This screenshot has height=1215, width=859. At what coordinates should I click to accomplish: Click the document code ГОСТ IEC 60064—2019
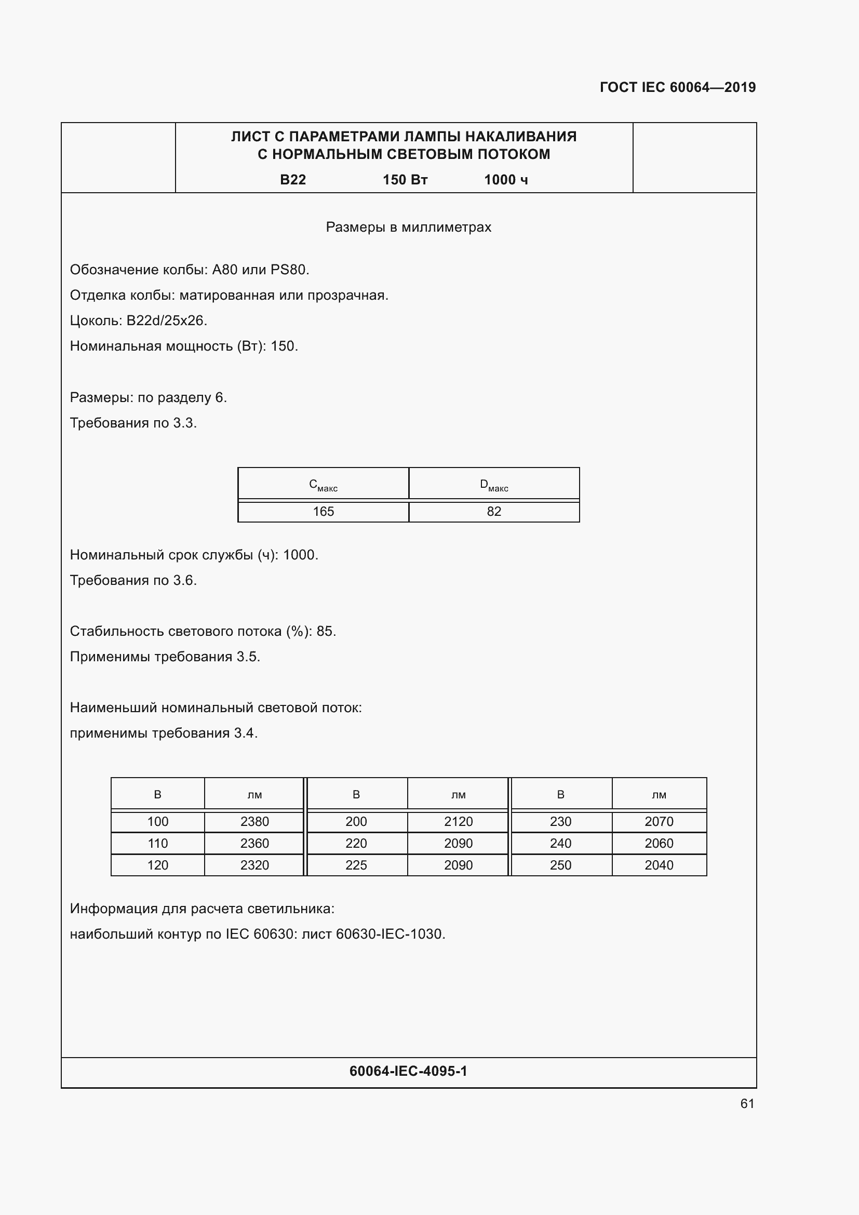(x=678, y=87)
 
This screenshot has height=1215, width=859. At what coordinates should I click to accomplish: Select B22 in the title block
(x=292, y=180)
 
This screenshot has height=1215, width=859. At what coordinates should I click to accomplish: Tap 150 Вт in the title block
(x=405, y=180)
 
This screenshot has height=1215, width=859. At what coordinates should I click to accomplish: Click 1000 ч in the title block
(x=506, y=180)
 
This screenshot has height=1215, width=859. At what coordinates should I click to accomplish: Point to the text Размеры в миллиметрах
(x=408, y=227)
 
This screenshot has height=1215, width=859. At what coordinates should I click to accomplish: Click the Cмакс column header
(x=323, y=484)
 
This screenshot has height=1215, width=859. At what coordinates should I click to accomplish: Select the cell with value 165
(x=323, y=511)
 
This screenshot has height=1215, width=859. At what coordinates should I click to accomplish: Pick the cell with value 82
(x=494, y=511)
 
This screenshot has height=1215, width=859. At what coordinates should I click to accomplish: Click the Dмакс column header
(x=494, y=484)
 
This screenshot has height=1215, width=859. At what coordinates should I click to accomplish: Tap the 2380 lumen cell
(x=254, y=821)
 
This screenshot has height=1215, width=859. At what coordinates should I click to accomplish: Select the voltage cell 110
(x=158, y=843)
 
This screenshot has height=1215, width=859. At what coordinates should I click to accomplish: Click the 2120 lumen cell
(x=458, y=821)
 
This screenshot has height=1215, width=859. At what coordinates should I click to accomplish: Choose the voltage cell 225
(x=356, y=865)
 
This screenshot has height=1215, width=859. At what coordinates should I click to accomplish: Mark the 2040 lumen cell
(x=659, y=865)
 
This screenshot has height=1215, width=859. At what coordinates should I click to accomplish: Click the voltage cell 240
(x=560, y=843)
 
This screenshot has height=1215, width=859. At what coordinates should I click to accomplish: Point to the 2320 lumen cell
(x=254, y=865)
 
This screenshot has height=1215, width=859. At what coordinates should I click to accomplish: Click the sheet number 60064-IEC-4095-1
(x=408, y=1071)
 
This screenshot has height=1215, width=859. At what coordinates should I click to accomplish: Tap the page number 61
(x=747, y=1103)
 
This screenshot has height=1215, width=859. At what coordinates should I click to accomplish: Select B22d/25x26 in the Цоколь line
(x=167, y=321)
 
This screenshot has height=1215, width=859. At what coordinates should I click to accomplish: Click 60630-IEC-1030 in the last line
(x=390, y=934)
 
